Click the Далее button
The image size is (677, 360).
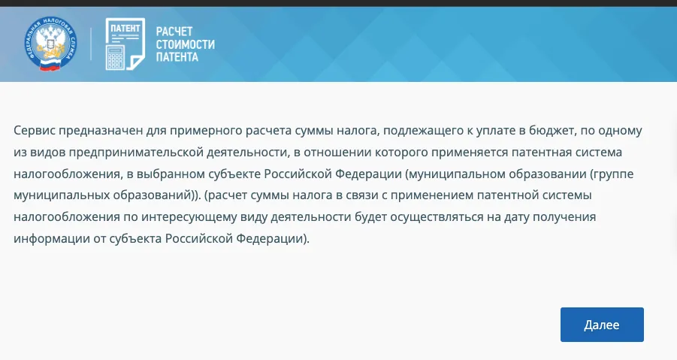pyautogui.click(x=602, y=325)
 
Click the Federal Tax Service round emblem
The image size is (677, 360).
pyautogui.click(x=50, y=44)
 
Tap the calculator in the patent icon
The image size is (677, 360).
pyautogui.click(x=115, y=58)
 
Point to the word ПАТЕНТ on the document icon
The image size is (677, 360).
pyautogui.click(x=125, y=29)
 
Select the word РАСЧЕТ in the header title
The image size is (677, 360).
pyautogui.click(x=174, y=32)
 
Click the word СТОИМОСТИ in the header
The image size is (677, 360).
pyautogui.click(x=186, y=44)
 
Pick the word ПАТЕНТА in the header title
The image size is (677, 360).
pyautogui.click(x=177, y=57)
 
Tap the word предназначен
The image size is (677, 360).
pyautogui.click(x=100, y=130)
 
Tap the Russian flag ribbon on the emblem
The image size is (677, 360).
pyautogui.click(x=50, y=65)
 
